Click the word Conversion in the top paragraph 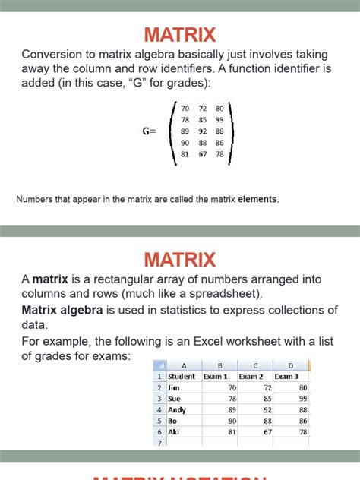pos(54,54)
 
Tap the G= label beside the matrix pos(149,131)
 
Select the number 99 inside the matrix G pos(219,120)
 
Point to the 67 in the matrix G pos(202,154)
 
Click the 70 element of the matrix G pos(185,109)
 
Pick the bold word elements pos(258,200)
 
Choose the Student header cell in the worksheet pos(182,376)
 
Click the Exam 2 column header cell pos(251,376)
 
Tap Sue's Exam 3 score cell pos(288,398)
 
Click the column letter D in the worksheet pos(290,365)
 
